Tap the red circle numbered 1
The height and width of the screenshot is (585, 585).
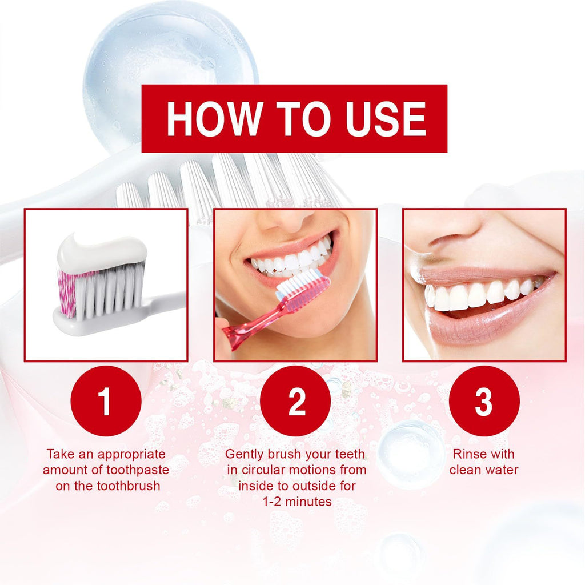coord(106,401)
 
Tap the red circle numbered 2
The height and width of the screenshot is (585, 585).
coord(295,401)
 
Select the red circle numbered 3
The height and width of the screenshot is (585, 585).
coord(484,401)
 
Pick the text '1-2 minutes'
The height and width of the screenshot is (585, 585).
coord(295,502)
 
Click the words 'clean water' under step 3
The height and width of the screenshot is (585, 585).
coord(483,470)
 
